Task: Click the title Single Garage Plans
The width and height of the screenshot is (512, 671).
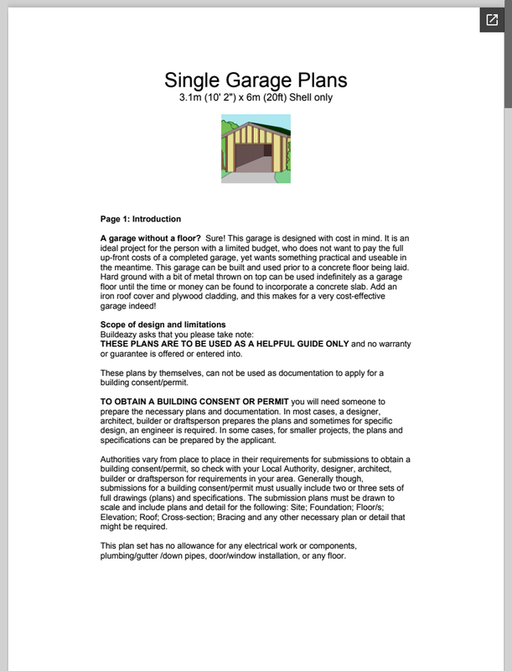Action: tap(256, 81)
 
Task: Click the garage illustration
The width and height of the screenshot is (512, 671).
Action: tap(256, 148)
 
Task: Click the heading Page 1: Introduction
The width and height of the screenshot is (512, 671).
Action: tap(140, 219)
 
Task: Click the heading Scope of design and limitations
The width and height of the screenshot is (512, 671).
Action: tap(163, 325)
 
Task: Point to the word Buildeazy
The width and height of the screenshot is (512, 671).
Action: tap(119, 334)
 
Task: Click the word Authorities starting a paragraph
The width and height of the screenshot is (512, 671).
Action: tap(122, 460)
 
